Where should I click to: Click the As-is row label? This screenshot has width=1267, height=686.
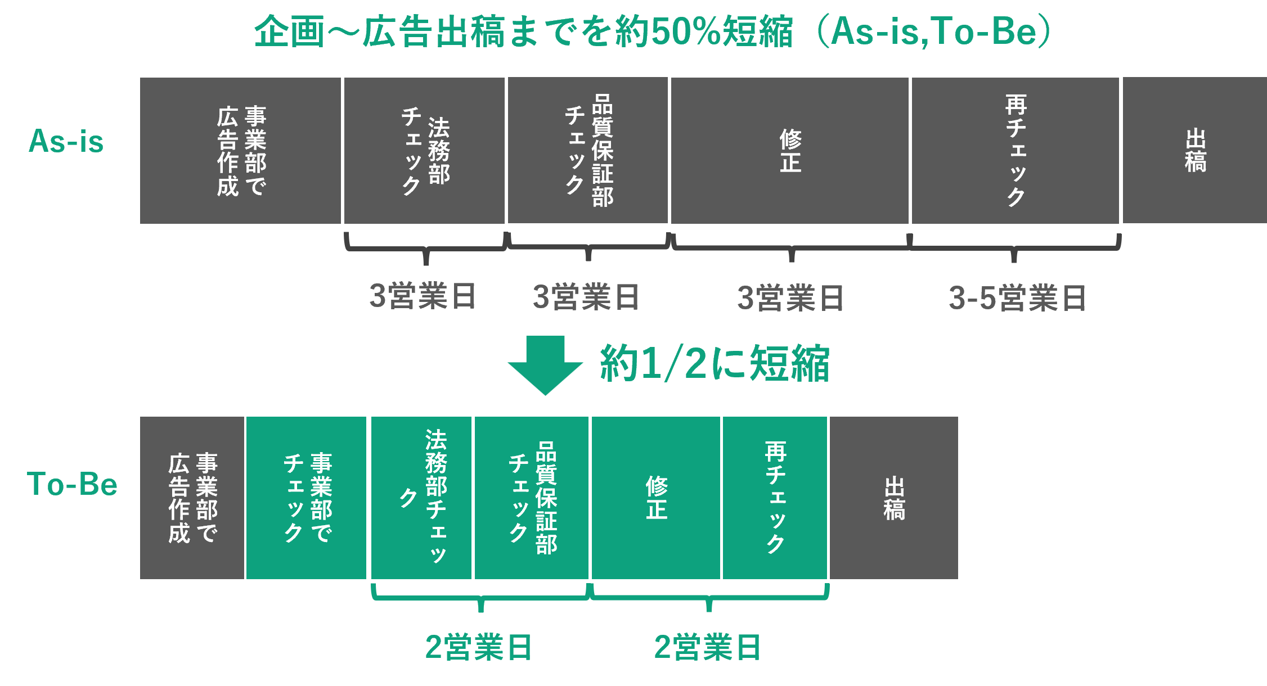pos(66,141)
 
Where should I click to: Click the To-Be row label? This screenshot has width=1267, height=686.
pos(72,484)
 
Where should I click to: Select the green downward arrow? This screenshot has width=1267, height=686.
pos(545,364)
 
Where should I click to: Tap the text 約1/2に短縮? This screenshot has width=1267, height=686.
pos(715,364)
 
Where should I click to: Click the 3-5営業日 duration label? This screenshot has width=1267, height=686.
pos(1017,298)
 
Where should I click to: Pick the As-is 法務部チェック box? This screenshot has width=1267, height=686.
pos(424,151)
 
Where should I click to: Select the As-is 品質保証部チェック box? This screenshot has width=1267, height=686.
pos(588,151)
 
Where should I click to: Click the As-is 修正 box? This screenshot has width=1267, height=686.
pos(789,151)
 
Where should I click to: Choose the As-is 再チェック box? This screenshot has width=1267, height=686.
pos(1015,151)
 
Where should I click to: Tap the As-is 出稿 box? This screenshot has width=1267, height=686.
pos(1194,151)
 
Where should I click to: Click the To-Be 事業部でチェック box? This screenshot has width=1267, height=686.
pos(306,498)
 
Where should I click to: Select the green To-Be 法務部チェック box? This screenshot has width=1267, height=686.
pos(421,498)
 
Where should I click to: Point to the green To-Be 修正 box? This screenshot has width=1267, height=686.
pos(655,498)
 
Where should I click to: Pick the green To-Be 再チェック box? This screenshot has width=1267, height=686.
pos(775,498)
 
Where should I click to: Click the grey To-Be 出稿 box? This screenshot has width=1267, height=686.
pos(893,498)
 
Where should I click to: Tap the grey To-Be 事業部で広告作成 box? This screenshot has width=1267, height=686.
pos(192,498)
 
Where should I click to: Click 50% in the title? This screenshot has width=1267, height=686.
pos(686,31)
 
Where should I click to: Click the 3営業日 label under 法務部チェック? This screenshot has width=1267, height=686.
pos(423,296)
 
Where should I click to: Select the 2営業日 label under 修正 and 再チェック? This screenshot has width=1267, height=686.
pos(708,647)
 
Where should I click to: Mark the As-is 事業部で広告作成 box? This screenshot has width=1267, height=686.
pos(240,151)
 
